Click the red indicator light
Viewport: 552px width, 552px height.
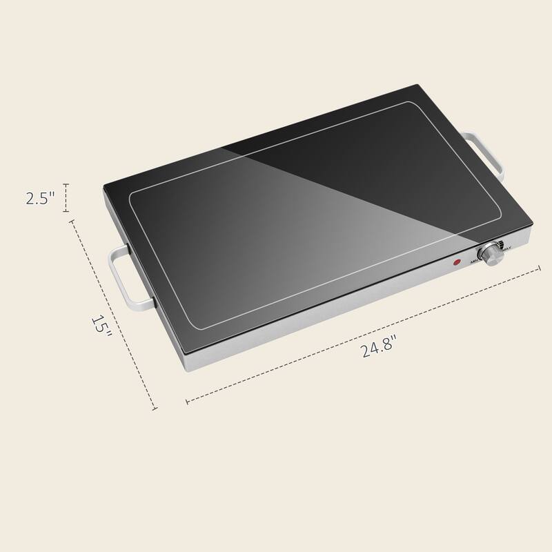(456, 262)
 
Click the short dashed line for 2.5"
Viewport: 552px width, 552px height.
(66, 198)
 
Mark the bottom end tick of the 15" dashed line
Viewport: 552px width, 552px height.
(155, 409)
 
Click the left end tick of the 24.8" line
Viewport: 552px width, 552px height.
(186, 400)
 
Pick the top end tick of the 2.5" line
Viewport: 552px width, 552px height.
(66, 184)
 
